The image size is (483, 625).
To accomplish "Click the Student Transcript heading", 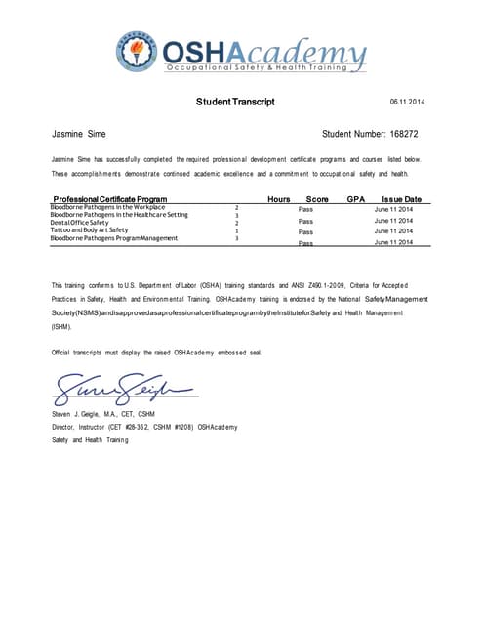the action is pyautogui.click(x=236, y=102).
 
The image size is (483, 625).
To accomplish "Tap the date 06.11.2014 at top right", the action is pyautogui.click(x=407, y=102).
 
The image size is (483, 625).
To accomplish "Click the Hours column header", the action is pyautogui.click(x=279, y=198).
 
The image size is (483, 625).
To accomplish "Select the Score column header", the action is pyautogui.click(x=316, y=198).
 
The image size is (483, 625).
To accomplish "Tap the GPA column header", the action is pyautogui.click(x=355, y=198).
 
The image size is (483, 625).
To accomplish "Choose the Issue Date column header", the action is pyautogui.click(x=401, y=198).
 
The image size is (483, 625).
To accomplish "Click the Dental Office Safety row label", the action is pyautogui.click(x=84, y=223).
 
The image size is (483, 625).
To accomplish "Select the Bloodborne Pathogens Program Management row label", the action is pyautogui.click(x=113, y=238).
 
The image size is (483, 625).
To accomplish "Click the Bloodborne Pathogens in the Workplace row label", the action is pyautogui.click(x=107, y=207).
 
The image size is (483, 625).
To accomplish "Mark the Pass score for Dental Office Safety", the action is pyautogui.click(x=305, y=221).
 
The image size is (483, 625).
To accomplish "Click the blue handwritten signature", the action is pyautogui.click(x=122, y=391).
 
